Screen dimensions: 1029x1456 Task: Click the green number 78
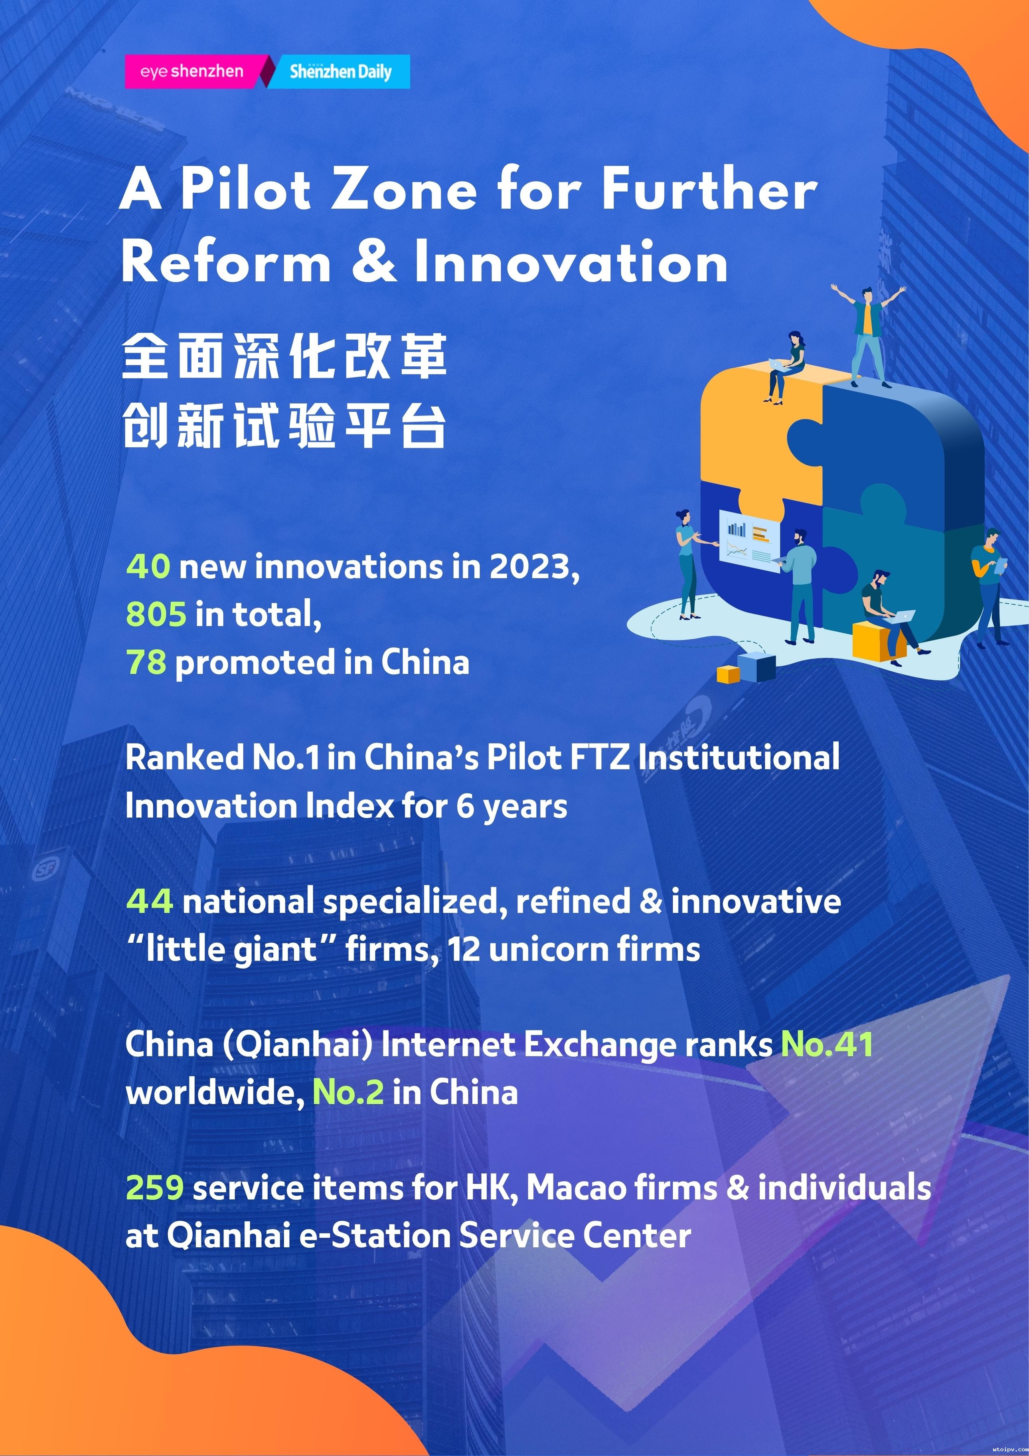[146, 662]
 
